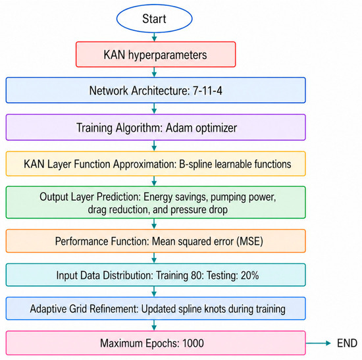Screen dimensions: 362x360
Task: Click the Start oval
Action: (154, 18)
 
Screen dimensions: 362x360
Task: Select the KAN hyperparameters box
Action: (155, 55)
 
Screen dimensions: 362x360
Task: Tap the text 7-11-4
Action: (207, 91)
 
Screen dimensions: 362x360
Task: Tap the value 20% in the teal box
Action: (249, 275)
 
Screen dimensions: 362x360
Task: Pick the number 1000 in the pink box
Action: (193, 343)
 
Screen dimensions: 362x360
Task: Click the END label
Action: (347, 343)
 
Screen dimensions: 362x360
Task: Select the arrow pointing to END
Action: (319, 343)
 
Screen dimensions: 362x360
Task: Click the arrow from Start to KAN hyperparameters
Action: (154, 37)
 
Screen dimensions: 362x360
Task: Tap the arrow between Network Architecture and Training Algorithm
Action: (154, 109)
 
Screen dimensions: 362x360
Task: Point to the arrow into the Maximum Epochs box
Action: (154, 325)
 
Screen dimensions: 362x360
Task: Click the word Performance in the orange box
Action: (81, 242)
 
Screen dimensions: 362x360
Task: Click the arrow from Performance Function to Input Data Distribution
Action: (154, 258)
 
